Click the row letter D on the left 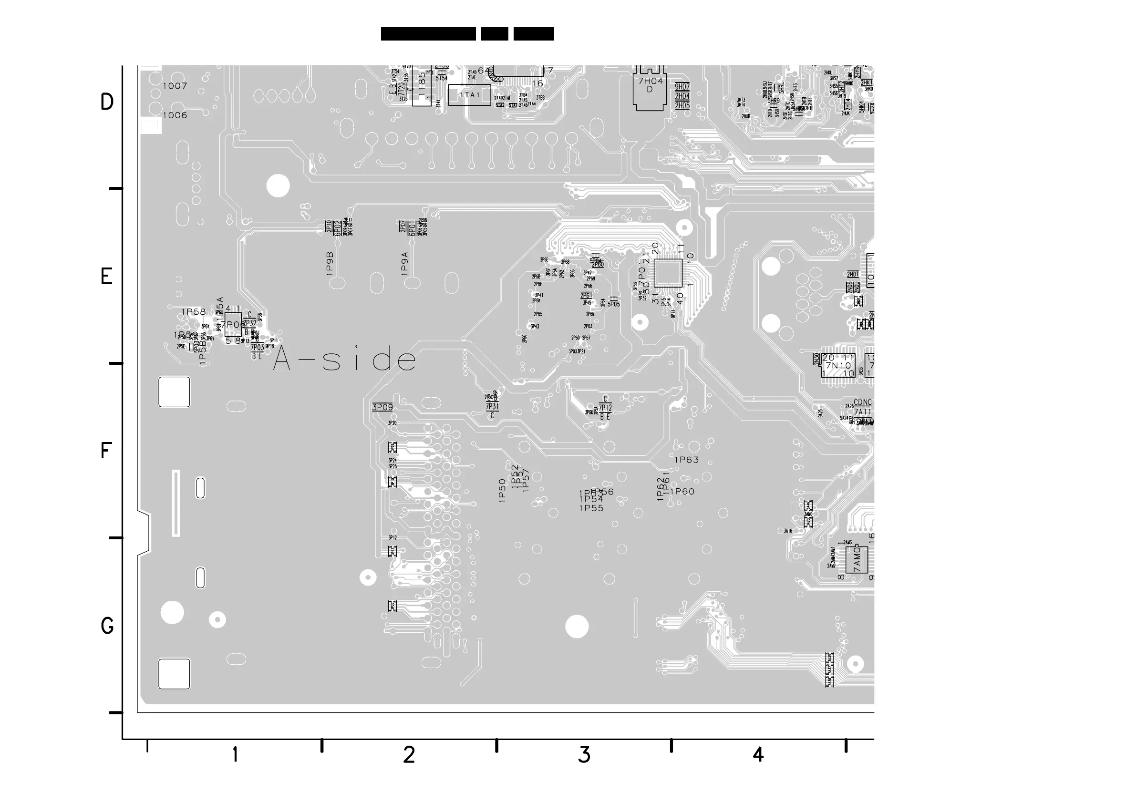(x=107, y=103)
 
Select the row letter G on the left (x=107, y=626)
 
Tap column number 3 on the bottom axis (x=584, y=755)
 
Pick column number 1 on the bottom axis (x=235, y=755)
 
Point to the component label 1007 (x=175, y=86)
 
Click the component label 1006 (x=175, y=115)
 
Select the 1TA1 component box (x=470, y=95)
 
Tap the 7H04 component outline (x=650, y=89)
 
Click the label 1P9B (x=330, y=264)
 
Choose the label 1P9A (x=405, y=264)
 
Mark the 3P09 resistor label (x=382, y=407)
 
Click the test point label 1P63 (x=687, y=460)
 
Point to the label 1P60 (x=682, y=492)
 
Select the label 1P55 (x=592, y=508)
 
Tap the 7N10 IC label (x=837, y=366)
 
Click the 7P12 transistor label (x=605, y=408)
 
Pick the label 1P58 (x=194, y=312)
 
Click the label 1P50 (x=503, y=490)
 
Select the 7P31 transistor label (x=492, y=407)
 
